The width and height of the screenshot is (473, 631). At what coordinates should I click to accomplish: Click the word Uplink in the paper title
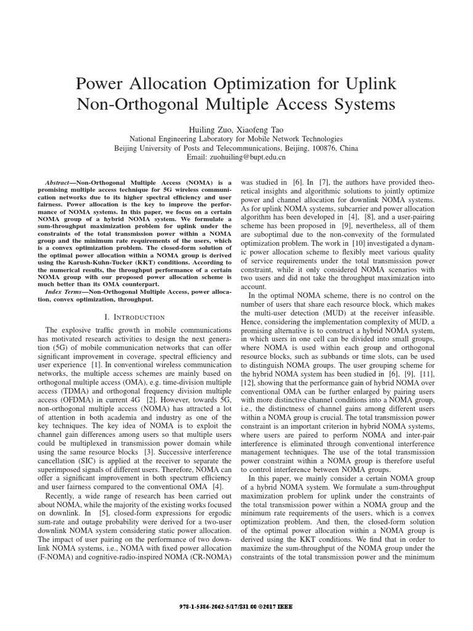[364, 83]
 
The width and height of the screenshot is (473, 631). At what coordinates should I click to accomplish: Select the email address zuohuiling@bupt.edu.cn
[249, 158]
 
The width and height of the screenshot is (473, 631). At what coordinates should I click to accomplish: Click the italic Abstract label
[60, 184]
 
